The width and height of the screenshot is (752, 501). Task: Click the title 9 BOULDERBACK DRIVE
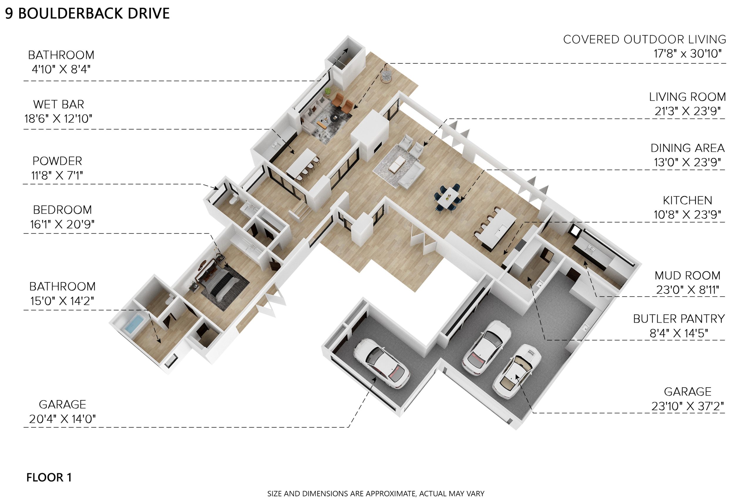click(x=87, y=14)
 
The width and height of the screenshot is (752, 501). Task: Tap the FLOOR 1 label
click(x=49, y=477)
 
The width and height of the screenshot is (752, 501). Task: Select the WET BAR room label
click(x=58, y=104)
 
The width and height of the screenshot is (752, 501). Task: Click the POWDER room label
click(x=57, y=161)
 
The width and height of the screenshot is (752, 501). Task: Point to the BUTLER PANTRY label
click(x=679, y=319)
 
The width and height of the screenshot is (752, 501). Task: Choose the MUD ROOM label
click(x=687, y=275)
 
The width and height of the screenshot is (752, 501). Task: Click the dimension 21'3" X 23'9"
click(x=687, y=111)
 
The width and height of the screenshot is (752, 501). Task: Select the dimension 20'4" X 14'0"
click(x=62, y=419)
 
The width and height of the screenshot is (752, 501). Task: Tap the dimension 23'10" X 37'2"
click(x=687, y=406)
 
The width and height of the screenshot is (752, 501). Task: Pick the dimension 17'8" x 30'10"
click(x=687, y=53)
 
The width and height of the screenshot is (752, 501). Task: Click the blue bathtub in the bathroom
click(x=134, y=323)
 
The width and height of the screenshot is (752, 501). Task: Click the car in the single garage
click(x=381, y=363)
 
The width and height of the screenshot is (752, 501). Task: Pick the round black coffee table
click(x=335, y=118)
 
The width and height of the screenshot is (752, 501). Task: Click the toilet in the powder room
click(x=234, y=199)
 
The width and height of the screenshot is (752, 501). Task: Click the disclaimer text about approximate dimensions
click(x=376, y=494)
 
